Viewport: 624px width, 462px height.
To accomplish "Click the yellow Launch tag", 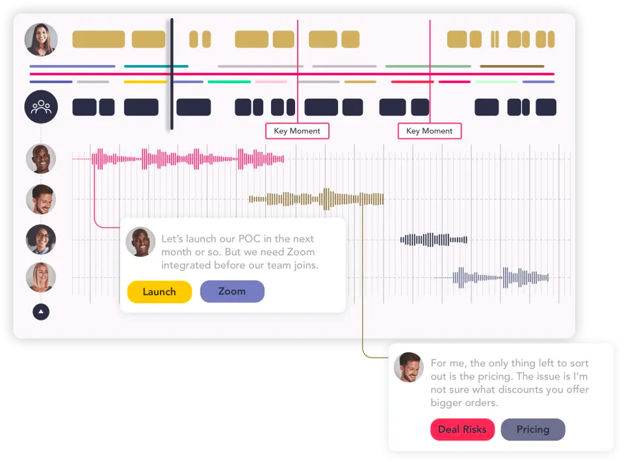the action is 159,292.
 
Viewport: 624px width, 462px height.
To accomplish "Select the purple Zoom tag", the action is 232,292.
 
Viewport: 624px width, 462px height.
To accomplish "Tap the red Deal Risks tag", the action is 462,430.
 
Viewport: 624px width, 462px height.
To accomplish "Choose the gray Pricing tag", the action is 532,430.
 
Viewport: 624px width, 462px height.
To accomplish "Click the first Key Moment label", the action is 297,131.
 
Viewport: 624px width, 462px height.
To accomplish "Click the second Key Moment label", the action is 430,131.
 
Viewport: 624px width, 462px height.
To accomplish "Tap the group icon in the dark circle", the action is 41,107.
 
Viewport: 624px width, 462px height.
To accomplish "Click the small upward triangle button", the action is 41,312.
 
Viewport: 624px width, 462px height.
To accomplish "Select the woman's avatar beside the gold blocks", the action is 41,40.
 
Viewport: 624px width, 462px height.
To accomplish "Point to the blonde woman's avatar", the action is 41,277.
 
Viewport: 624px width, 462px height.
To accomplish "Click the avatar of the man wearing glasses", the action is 41,239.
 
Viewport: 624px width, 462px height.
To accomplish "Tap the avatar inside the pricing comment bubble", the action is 409,368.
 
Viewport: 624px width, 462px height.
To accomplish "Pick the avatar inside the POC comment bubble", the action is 140,242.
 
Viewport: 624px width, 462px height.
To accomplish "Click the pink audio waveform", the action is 188,159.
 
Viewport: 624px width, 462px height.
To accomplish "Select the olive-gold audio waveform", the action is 317,199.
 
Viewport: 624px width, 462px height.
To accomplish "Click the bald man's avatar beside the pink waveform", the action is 41,159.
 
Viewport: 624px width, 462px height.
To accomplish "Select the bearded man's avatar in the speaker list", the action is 41,199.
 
